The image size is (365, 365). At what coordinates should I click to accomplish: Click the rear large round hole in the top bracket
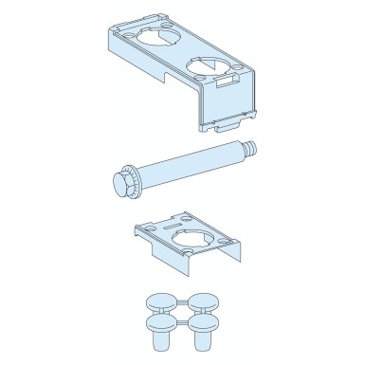pyautogui.click(x=159, y=49)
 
